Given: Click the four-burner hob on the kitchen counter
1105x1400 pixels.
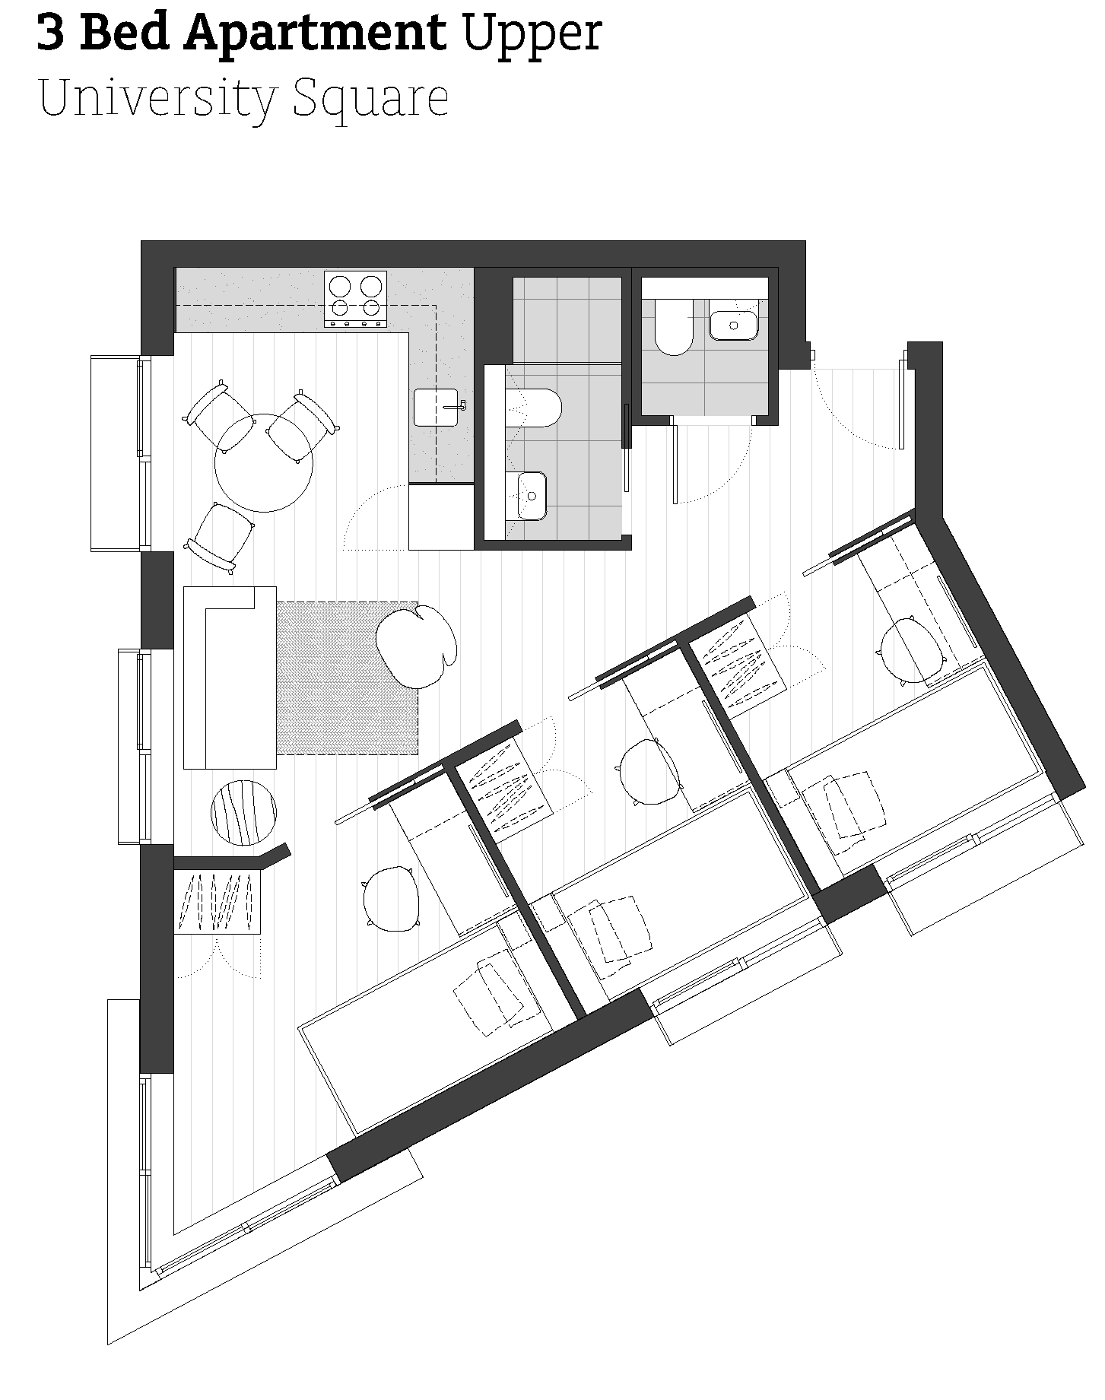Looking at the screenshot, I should point(355,299).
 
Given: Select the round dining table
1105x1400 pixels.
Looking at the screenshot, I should point(264,462).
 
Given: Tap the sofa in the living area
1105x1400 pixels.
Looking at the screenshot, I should point(229,677).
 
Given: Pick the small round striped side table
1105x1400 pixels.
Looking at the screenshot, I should point(243,811).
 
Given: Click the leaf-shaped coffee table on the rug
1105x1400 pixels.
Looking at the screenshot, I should point(417,646).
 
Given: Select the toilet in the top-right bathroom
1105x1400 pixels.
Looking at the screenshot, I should point(674,327).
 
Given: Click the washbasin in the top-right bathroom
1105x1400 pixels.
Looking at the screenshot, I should point(734,325).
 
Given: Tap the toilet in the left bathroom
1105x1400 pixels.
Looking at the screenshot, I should point(535,408).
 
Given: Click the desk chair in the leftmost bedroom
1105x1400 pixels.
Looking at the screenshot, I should point(392,898).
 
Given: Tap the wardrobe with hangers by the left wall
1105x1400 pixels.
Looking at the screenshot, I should point(218,902).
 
